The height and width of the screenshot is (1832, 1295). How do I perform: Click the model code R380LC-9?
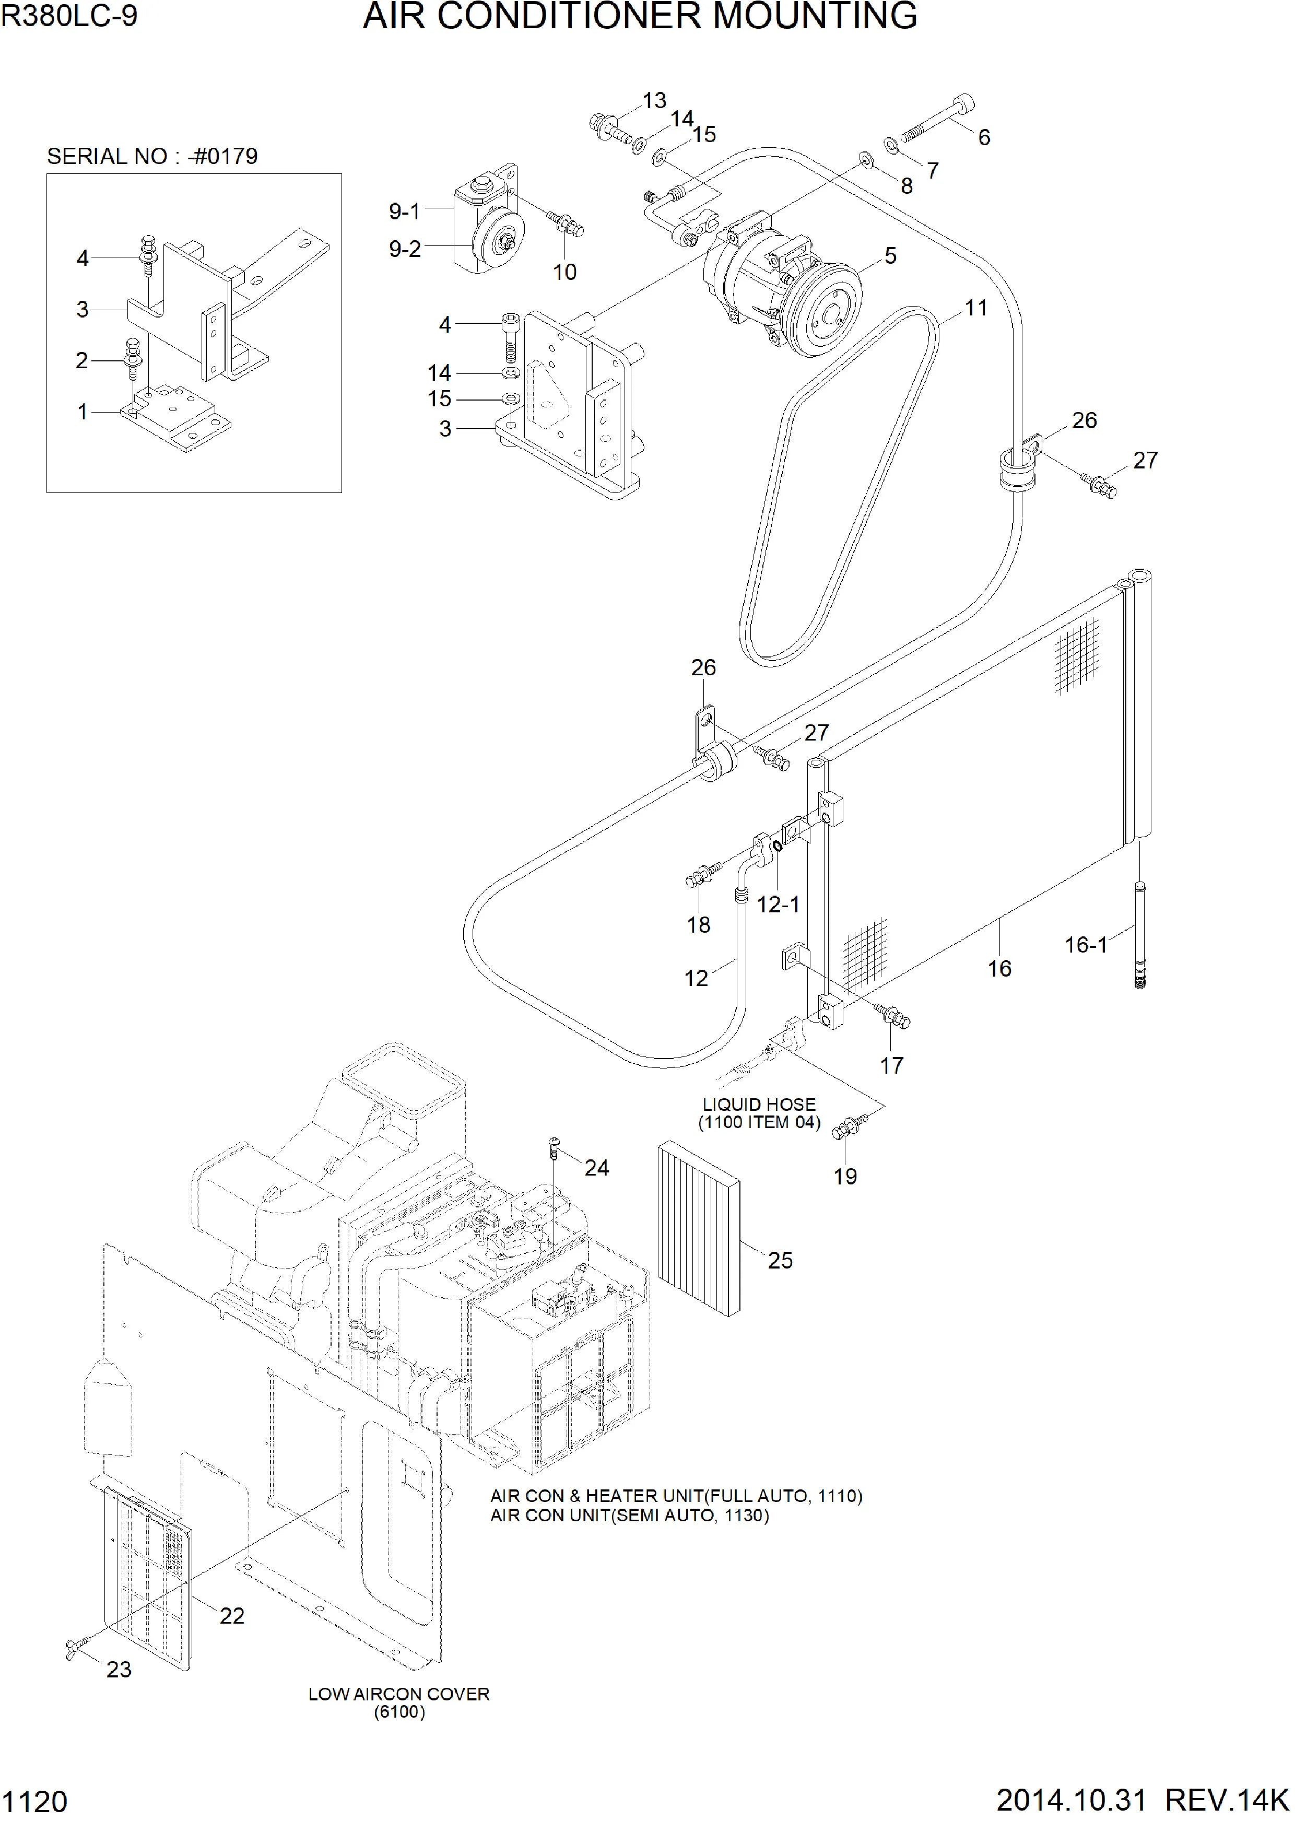pyautogui.click(x=69, y=16)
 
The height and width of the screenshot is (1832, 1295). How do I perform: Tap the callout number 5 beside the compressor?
pyautogui.click(x=890, y=255)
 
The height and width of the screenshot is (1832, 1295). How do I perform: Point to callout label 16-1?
pyautogui.click(x=1086, y=945)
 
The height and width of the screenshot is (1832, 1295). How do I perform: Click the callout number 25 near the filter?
pyautogui.click(x=780, y=1260)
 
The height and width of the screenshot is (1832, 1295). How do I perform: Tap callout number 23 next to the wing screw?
pyautogui.click(x=119, y=1669)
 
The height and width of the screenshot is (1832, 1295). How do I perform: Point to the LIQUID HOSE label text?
pyautogui.click(x=759, y=1105)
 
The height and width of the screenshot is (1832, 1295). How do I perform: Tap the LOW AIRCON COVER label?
pyautogui.click(x=399, y=1694)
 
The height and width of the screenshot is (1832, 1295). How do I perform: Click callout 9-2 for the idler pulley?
pyautogui.click(x=405, y=249)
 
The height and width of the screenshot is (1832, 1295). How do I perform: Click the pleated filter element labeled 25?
pyautogui.click(x=698, y=1229)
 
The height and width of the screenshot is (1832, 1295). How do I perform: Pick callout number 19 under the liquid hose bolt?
pyautogui.click(x=845, y=1176)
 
